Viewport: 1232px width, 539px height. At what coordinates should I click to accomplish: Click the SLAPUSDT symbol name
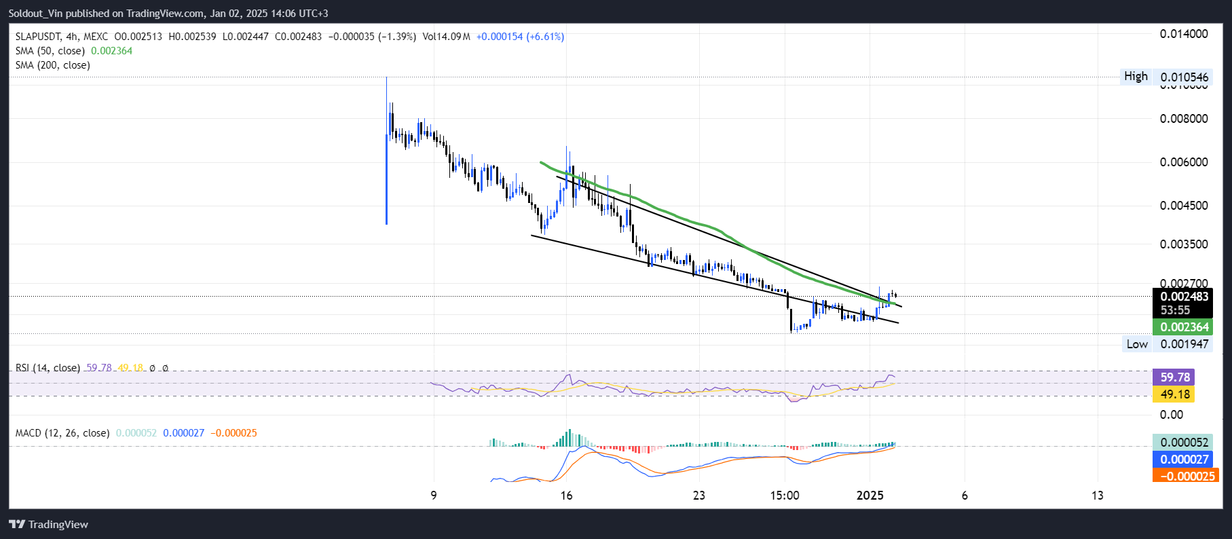pos(38,37)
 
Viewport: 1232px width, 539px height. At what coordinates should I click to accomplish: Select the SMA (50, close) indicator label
pos(50,51)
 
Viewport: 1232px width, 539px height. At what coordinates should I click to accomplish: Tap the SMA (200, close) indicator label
pos(53,65)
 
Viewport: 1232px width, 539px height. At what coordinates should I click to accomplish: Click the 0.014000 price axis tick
pos(1184,34)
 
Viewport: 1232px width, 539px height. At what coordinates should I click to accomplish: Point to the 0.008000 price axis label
pos(1184,119)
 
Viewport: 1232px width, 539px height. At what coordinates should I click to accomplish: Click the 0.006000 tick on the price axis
pos(1184,162)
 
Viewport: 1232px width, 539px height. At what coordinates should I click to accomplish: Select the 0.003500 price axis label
pos(1184,244)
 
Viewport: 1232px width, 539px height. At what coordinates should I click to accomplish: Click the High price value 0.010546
pos(1184,77)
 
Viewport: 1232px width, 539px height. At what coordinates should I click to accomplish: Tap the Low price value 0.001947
pos(1184,344)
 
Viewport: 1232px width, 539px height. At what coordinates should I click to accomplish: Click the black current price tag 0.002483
pos(1184,297)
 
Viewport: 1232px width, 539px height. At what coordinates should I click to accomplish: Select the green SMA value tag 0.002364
pos(1184,327)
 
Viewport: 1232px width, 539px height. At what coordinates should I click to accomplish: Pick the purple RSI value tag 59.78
pos(1174,377)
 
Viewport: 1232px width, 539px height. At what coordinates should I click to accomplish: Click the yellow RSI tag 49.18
pos(1174,394)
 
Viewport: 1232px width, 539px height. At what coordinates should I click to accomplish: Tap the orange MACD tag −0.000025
pos(1186,476)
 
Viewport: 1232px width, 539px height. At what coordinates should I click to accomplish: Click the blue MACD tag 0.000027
pos(1184,460)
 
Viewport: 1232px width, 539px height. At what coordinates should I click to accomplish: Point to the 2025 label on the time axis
pos(870,496)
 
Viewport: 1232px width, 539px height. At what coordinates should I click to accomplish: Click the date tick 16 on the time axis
pos(566,496)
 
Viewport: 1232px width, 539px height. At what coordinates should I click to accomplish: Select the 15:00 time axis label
pos(785,496)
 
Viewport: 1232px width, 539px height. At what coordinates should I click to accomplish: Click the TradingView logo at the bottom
pos(49,524)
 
